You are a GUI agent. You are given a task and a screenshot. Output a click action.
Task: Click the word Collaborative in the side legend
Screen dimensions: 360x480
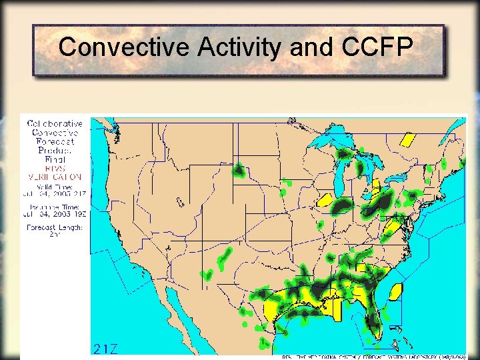[55, 123]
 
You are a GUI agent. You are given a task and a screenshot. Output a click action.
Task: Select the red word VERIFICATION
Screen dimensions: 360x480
[55, 177]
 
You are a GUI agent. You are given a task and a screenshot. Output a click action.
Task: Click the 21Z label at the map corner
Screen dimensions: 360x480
[106, 349]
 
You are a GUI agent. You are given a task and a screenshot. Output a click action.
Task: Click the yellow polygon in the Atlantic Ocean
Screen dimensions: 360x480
[395, 291]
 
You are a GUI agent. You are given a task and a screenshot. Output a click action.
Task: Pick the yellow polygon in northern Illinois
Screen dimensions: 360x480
[325, 199]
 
